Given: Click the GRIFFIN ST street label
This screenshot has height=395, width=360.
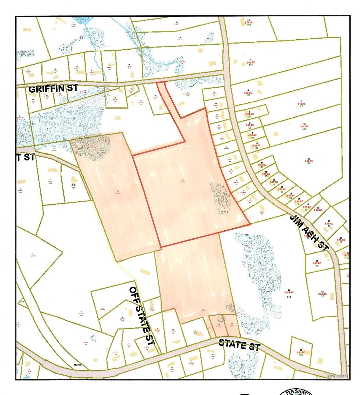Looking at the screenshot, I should (53, 89).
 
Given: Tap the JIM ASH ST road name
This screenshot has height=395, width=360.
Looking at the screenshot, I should (309, 232).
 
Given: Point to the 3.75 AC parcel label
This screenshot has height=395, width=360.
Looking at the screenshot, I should (249, 23).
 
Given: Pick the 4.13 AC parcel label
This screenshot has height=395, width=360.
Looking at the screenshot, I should (301, 104).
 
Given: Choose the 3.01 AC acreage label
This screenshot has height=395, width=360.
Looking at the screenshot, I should (304, 127).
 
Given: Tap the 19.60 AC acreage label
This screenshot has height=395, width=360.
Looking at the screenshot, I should (289, 292).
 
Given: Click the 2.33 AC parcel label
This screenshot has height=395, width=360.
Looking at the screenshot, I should (322, 294).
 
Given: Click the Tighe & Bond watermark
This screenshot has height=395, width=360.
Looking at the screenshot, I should (337, 376).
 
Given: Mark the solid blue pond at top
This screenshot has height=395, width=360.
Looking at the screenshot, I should (80, 21).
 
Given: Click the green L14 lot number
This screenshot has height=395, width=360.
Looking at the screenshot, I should (289, 297).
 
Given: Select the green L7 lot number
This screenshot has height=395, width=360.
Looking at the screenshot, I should (301, 106).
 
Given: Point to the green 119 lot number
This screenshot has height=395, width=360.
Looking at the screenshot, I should (249, 25).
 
